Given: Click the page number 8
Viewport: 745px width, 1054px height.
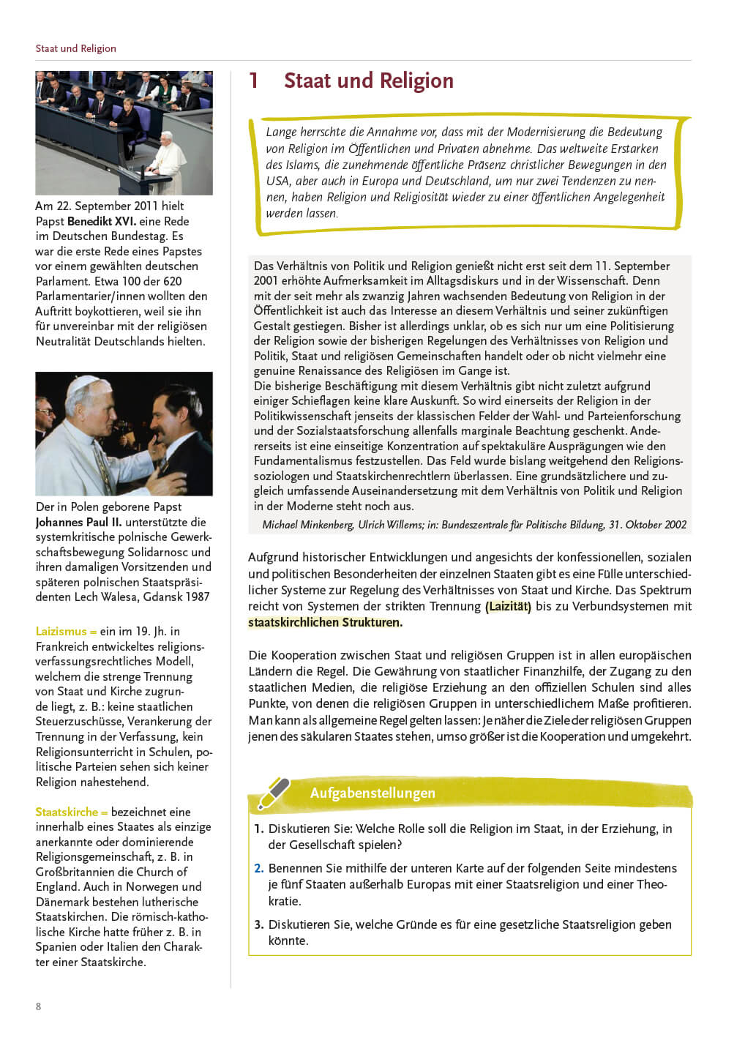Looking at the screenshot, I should [39, 1006].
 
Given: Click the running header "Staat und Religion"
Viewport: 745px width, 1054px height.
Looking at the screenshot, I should [75, 48].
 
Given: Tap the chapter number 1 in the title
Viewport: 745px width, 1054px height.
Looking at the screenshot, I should [254, 81].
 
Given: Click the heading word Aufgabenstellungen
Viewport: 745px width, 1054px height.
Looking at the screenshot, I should [372, 793].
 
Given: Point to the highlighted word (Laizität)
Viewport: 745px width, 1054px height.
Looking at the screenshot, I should [508, 606].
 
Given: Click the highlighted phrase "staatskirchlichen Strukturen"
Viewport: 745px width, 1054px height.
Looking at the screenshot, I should [324, 622].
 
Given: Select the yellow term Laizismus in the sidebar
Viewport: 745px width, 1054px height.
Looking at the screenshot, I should [61, 631].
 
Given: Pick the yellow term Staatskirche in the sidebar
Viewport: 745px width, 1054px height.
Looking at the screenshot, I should [67, 812].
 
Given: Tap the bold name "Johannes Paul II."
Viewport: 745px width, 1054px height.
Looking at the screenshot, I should [78, 522].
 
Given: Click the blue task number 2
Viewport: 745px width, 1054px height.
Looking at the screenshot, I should [258, 868].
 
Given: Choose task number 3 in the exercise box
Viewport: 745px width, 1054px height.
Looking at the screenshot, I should [258, 924].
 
